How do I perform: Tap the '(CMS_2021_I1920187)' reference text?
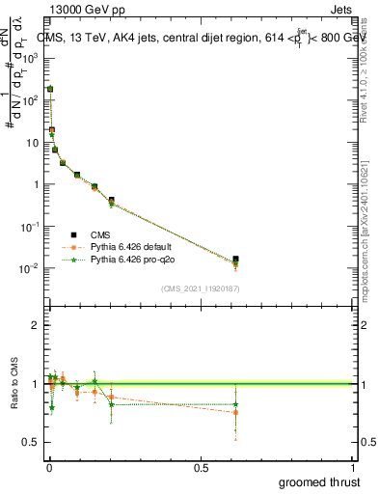[x=199, y=288]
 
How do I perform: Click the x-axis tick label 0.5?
[x=201, y=467]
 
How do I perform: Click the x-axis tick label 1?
[x=353, y=467]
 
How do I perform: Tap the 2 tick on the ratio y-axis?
[x=36, y=326]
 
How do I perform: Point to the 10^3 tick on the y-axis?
[x=30, y=57]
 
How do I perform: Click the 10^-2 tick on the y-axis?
[x=30, y=268]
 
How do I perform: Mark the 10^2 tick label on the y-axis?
[x=30, y=99]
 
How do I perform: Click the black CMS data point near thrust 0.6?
[x=235, y=260]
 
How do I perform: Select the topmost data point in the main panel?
[x=50, y=89]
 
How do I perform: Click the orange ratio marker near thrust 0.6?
[x=235, y=412]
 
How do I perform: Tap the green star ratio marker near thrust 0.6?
[x=235, y=404]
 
